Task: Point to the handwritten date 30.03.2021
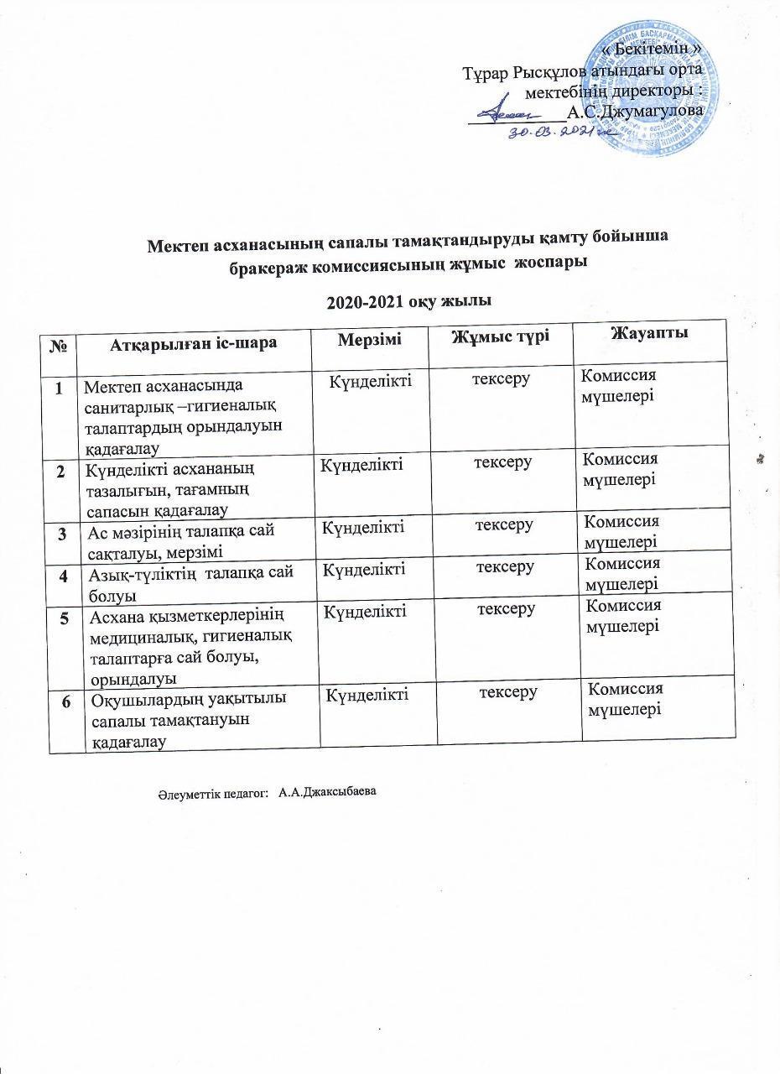tap(559, 133)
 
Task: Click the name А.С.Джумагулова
tap(634, 111)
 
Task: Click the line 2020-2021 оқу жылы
tap(408, 300)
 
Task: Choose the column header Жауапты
tap(650, 335)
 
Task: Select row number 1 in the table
tap(60, 388)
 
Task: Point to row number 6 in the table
tap(66, 701)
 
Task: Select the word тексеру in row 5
tap(507, 608)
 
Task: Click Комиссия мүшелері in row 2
tap(621, 469)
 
